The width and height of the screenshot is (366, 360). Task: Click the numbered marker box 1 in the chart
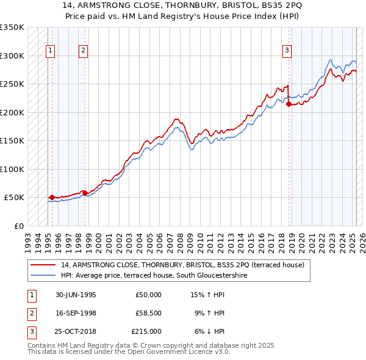tap(50, 51)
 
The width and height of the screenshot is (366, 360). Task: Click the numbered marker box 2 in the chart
tap(84, 51)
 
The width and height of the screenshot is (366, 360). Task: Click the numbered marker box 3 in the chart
tap(287, 51)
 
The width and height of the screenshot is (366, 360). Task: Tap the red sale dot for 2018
tap(289, 104)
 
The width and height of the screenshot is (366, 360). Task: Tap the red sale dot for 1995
tap(52, 197)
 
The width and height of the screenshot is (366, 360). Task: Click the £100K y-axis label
tap(12, 169)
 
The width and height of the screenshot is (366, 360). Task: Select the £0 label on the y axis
tap(18, 226)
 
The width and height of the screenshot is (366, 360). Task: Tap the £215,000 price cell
tap(146, 331)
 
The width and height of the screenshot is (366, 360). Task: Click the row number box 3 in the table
tap(30, 331)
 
